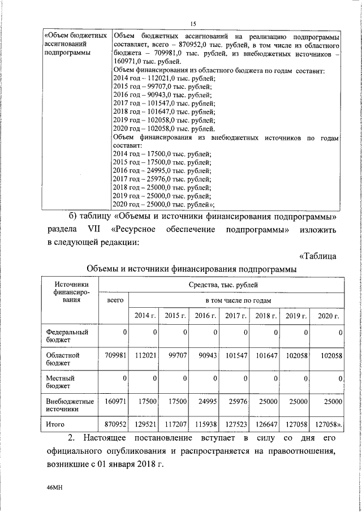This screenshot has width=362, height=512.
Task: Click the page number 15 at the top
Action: pyautogui.click(x=192, y=23)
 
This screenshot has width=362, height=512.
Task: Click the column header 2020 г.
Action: pyautogui.click(x=328, y=315)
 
